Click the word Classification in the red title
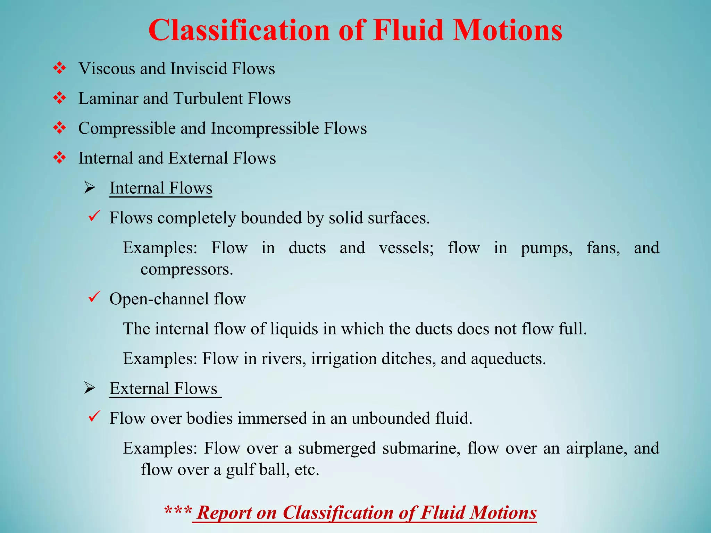click(x=239, y=31)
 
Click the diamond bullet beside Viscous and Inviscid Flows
click(x=60, y=68)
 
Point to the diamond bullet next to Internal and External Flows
click(x=60, y=158)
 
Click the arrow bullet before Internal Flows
click(x=90, y=188)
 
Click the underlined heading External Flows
click(x=164, y=388)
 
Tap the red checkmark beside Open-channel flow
click(x=94, y=297)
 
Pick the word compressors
click(x=186, y=269)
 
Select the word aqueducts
click(x=508, y=359)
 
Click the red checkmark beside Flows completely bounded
click(x=94, y=216)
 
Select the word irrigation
click(x=344, y=358)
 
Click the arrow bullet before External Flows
click(x=90, y=389)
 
